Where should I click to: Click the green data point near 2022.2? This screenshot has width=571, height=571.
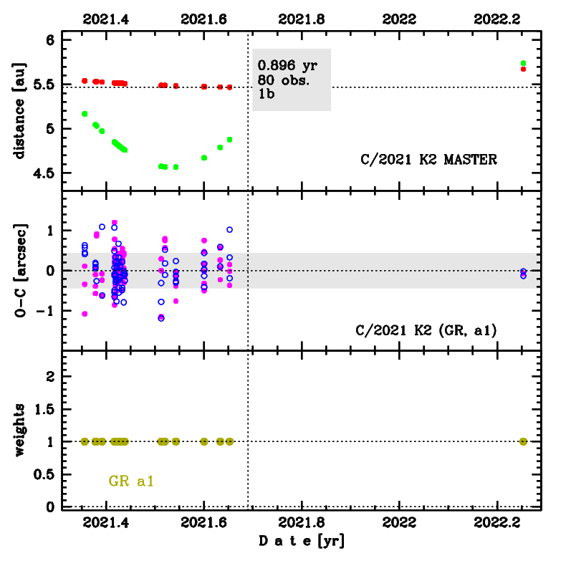pos(523,63)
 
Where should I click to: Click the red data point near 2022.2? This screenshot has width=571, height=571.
pos(523,69)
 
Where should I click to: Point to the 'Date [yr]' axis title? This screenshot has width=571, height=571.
pos(302,541)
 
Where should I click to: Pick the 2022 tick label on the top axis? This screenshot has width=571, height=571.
pos(399,19)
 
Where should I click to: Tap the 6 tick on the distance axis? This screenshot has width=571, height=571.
pos(51,41)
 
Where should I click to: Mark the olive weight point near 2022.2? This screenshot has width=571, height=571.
pos(523,441)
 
